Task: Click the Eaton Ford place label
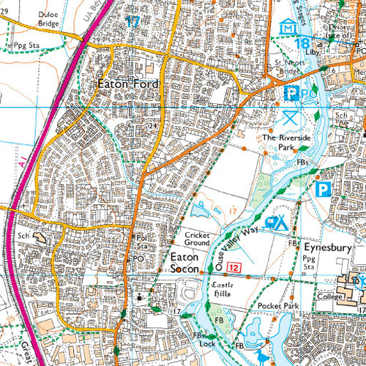(125, 84)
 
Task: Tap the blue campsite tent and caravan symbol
(277, 223)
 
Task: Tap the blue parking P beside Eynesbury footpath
(321, 190)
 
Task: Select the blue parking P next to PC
(291, 94)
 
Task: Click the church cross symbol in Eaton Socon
(140, 297)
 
